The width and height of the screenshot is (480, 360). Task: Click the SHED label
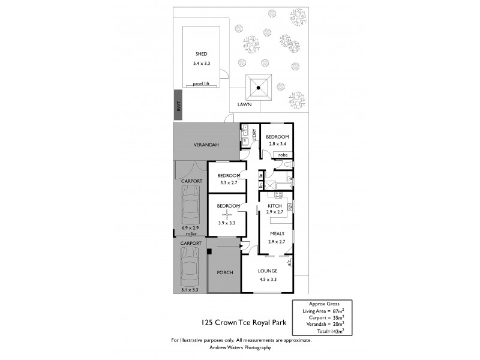(x=193, y=54)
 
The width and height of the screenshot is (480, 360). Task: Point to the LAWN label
(x=244, y=104)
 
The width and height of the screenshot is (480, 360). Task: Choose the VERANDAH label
(x=206, y=145)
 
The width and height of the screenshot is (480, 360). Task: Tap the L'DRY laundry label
(x=254, y=134)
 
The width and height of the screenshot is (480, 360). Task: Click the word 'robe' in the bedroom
(x=283, y=155)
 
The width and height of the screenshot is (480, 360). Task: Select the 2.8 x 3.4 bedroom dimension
(x=277, y=144)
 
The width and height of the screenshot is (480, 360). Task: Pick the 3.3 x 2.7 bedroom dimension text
(x=229, y=182)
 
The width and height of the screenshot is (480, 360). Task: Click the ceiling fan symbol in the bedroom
(x=226, y=215)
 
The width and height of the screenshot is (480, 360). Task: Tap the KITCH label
(x=274, y=206)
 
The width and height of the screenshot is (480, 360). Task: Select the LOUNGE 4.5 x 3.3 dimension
(x=268, y=278)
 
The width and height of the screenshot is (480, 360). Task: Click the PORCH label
(x=224, y=272)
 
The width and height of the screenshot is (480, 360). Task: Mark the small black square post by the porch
(x=209, y=251)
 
